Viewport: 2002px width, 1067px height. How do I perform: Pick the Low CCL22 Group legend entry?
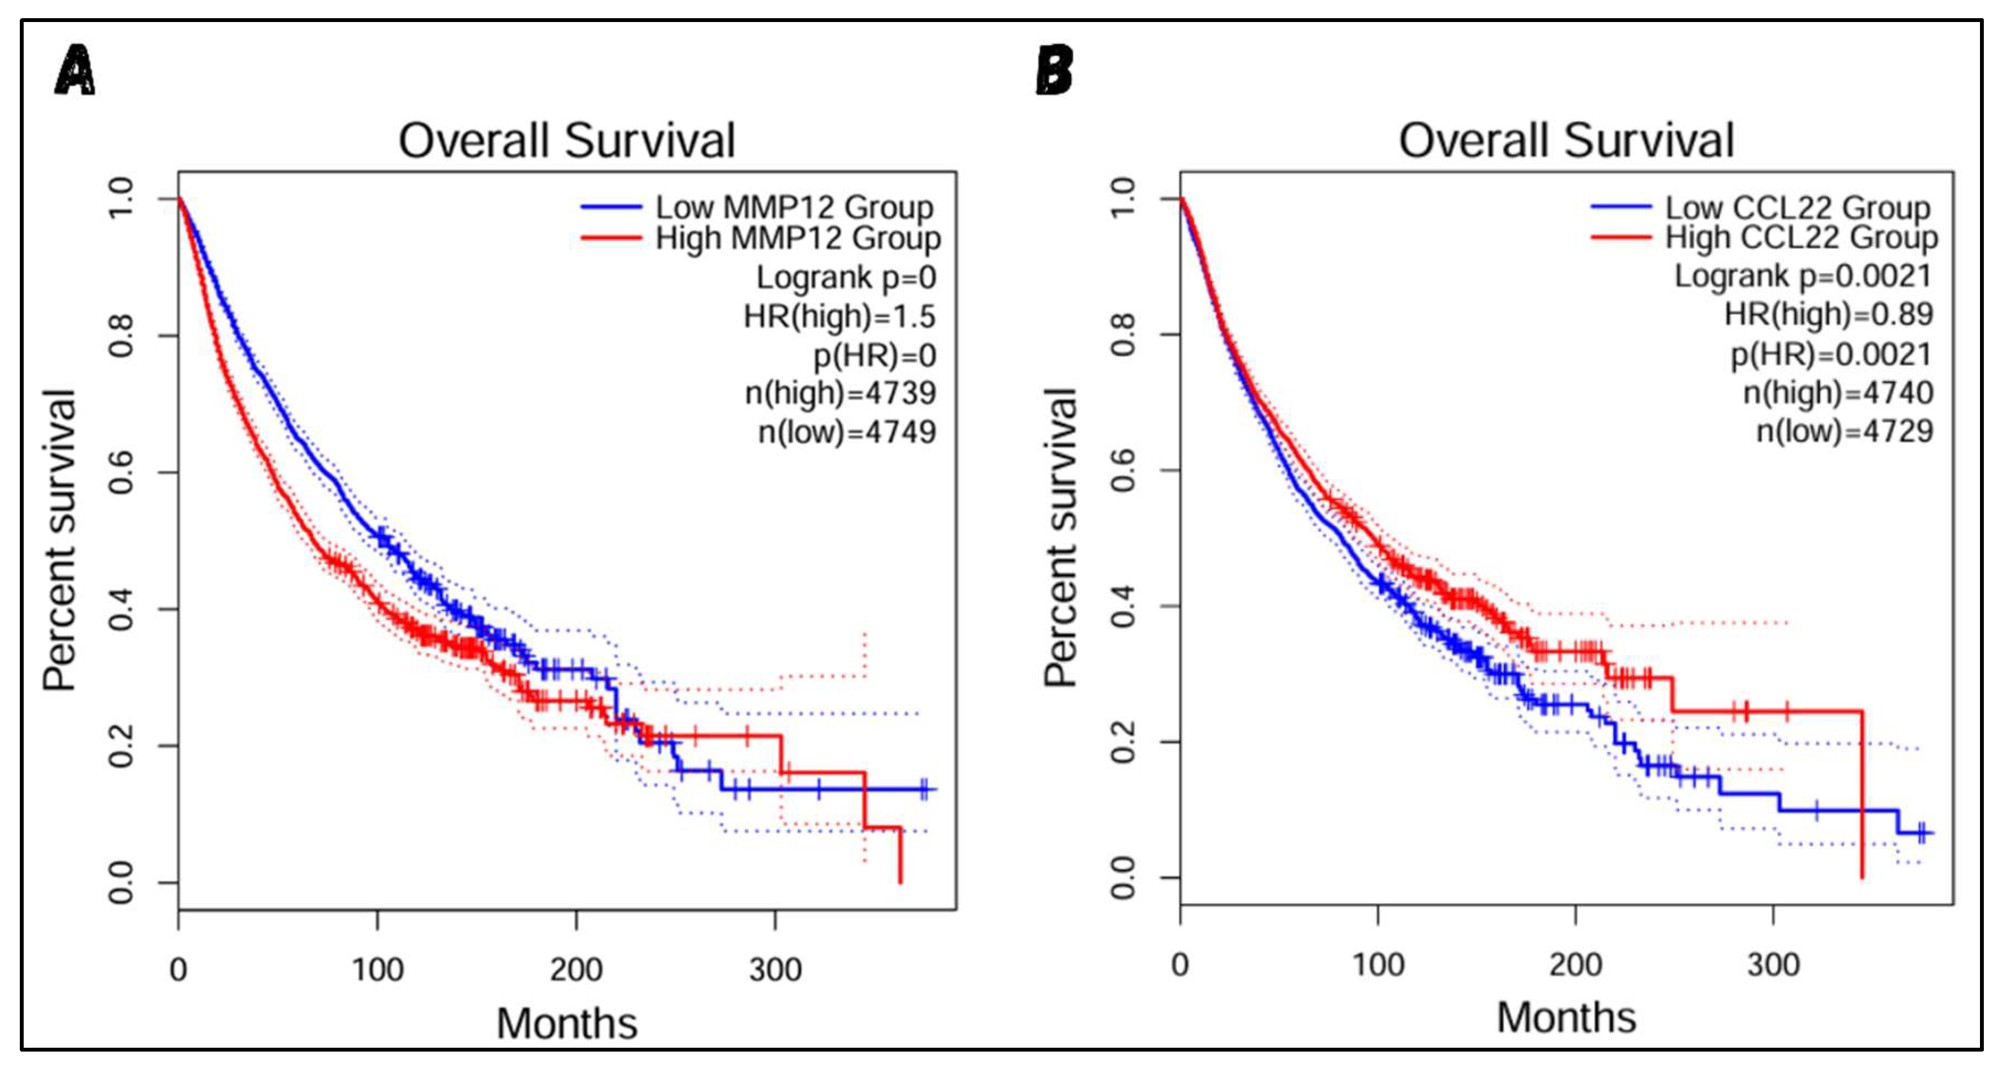click(x=1797, y=208)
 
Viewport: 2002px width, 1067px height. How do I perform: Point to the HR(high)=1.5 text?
click(x=839, y=316)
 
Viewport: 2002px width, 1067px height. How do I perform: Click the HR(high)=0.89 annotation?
click(x=1828, y=314)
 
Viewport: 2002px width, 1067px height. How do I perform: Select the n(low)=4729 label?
click(x=1844, y=431)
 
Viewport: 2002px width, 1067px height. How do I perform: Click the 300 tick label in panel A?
click(x=775, y=970)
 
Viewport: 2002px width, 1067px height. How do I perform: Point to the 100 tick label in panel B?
click(x=1378, y=965)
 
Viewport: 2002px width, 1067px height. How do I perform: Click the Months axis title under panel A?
click(x=567, y=1023)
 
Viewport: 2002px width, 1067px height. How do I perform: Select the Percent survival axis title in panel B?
click(x=1061, y=538)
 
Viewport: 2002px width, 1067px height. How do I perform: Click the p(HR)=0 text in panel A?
click(x=874, y=355)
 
